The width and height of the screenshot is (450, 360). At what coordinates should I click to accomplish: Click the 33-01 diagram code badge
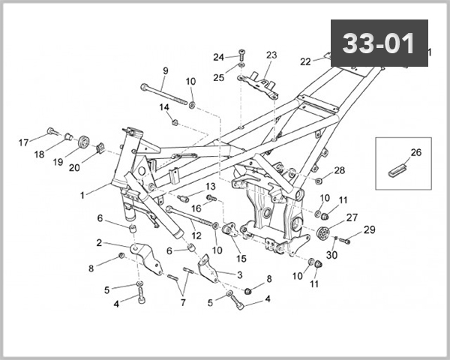379,43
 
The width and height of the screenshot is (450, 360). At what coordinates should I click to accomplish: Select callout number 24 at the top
218,57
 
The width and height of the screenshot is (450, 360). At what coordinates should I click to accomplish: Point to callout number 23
271,55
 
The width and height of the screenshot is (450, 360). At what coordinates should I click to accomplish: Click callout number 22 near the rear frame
305,61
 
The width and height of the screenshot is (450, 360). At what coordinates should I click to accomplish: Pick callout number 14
164,107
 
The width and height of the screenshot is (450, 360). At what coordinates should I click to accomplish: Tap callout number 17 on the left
23,141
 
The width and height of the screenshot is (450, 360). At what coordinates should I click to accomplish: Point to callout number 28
340,171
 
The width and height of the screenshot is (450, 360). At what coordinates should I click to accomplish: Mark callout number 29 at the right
369,229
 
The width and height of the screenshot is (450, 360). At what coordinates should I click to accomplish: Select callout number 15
241,259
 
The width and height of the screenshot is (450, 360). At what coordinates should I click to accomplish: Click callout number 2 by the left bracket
99,243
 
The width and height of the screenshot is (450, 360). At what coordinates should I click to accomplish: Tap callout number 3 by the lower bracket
240,275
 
